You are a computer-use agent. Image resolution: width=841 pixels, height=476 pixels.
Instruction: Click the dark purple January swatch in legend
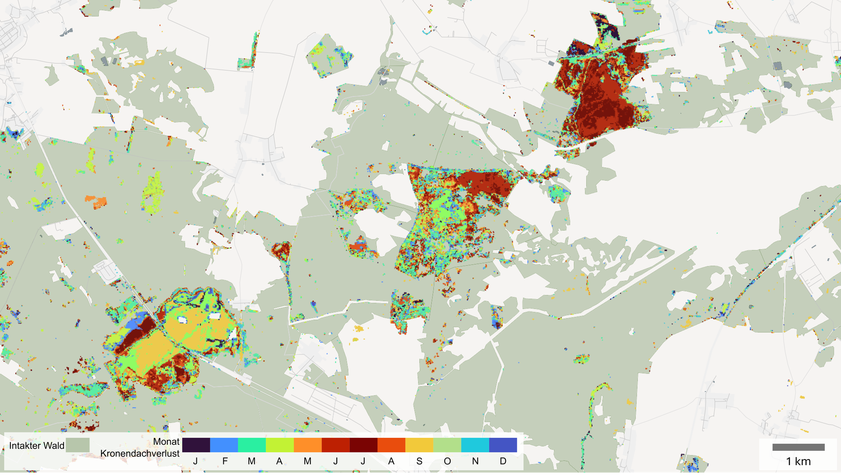pyautogui.click(x=196, y=445)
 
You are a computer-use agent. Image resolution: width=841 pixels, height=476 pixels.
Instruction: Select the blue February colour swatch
pyautogui.click(x=224, y=445)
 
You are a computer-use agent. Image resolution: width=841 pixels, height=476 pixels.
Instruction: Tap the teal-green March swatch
pyautogui.click(x=251, y=445)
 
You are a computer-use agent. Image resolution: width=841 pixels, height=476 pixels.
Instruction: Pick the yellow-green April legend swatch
pyautogui.click(x=280, y=445)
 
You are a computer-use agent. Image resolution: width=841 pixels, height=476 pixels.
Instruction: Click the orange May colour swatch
pyautogui.click(x=307, y=445)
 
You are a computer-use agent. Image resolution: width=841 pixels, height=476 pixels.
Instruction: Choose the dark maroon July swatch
pyautogui.click(x=363, y=445)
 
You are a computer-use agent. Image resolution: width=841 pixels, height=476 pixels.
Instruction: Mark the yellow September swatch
pyautogui.click(x=419, y=445)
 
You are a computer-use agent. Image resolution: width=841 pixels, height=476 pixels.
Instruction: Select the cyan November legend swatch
pyautogui.click(x=475, y=445)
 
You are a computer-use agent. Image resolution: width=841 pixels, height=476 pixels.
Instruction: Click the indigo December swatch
pyautogui.click(x=503, y=445)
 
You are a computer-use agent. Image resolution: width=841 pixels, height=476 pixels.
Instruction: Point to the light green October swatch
pyautogui.click(x=447, y=445)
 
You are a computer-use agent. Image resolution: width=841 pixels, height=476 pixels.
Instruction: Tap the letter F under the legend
pyautogui.click(x=225, y=461)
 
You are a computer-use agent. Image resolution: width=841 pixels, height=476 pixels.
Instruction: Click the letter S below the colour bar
pyautogui.click(x=419, y=461)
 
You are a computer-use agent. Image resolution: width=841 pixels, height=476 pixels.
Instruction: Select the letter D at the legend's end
pyautogui.click(x=503, y=461)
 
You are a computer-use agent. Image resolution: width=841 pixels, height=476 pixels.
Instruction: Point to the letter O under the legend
pyautogui.click(x=447, y=461)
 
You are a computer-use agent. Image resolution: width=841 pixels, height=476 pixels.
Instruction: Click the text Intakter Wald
pyautogui.click(x=37, y=446)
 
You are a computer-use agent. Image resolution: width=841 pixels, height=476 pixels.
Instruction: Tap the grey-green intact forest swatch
pyautogui.click(x=78, y=445)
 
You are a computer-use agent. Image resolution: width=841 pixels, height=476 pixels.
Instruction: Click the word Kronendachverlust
pyautogui.click(x=140, y=454)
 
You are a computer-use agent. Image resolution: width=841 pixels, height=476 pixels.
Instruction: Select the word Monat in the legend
pyautogui.click(x=166, y=442)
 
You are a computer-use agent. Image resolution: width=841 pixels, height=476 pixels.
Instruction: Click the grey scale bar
pyautogui.click(x=798, y=447)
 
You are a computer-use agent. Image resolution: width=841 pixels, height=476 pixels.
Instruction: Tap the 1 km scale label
pyautogui.click(x=798, y=461)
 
